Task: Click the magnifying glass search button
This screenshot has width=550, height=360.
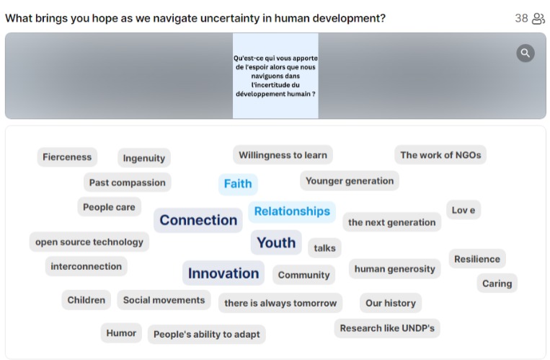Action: pyautogui.click(x=525, y=53)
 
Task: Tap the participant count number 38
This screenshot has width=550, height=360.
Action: pyautogui.click(x=521, y=18)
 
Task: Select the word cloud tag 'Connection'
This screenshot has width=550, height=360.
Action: pyautogui.click(x=198, y=220)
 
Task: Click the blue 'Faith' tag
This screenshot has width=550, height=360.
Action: pyautogui.click(x=238, y=184)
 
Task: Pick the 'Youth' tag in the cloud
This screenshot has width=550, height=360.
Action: pyautogui.click(x=276, y=242)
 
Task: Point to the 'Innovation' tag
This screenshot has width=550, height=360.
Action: pyautogui.click(x=223, y=273)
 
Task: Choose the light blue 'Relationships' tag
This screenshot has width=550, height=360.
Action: pyautogui.click(x=292, y=211)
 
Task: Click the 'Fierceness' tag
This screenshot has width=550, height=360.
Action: pyautogui.click(x=67, y=157)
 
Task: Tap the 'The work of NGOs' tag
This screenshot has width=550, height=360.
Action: pyautogui.click(x=440, y=155)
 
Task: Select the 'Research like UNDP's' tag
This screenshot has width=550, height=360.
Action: pyautogui.click(x=387, y=328)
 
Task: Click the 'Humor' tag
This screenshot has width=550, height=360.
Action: pyautogui.click(x=121, y=333)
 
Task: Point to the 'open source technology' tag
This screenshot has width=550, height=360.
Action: pyautogui.click(x=89, y=242)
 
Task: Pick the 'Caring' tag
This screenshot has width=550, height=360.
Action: pyautogui.click(x=497, y=284)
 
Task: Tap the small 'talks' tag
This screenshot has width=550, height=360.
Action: pyautogui.click(x=324, y=248)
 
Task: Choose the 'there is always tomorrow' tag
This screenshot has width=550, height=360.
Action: pyautogui.click(x=280, y=303)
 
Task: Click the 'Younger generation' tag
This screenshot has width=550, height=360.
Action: pyautogui.click(x=350, y=181)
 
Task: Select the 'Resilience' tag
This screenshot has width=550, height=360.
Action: pyautogui.click(x=477, y=259)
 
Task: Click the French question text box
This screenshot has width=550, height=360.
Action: pyautogui.click(x=275, y=76)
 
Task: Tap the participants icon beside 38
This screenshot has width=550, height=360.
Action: pyautogui.click(x=538, y=18)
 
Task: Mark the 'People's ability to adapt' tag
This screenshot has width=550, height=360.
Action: pyautogui.click(x=207, y=334)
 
